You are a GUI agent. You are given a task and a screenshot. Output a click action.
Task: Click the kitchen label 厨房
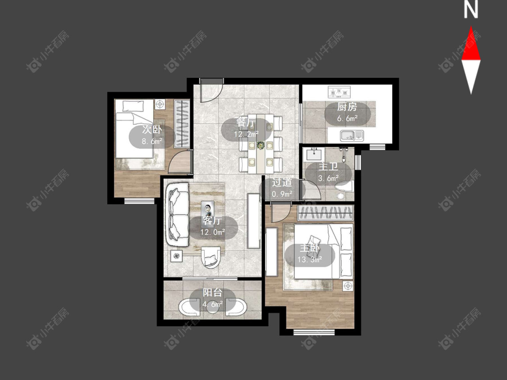tap(347, 106)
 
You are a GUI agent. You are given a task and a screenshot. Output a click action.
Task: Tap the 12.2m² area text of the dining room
tap(247, 134)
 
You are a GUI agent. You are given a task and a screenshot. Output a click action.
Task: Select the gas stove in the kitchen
tap(339, 92)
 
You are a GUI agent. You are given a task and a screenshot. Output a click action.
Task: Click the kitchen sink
tap(352, 136)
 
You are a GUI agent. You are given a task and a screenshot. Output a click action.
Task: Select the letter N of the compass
tap(471, 9)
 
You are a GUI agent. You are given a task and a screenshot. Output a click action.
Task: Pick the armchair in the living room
tap(211, 258)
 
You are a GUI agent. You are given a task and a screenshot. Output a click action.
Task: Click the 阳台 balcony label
tap(212, 293)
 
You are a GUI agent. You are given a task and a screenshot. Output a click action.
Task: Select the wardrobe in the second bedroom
tap(182, 124)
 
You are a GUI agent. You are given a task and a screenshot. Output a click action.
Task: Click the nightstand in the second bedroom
tap(160, 104)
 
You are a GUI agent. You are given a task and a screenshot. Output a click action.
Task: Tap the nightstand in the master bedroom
tap(347, 285)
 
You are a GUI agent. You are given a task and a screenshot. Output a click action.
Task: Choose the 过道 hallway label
tap(282, 182)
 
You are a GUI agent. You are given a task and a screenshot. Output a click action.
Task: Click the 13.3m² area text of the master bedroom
tap(310, 259)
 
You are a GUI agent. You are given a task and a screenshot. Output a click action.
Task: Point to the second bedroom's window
tap(139, 201)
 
